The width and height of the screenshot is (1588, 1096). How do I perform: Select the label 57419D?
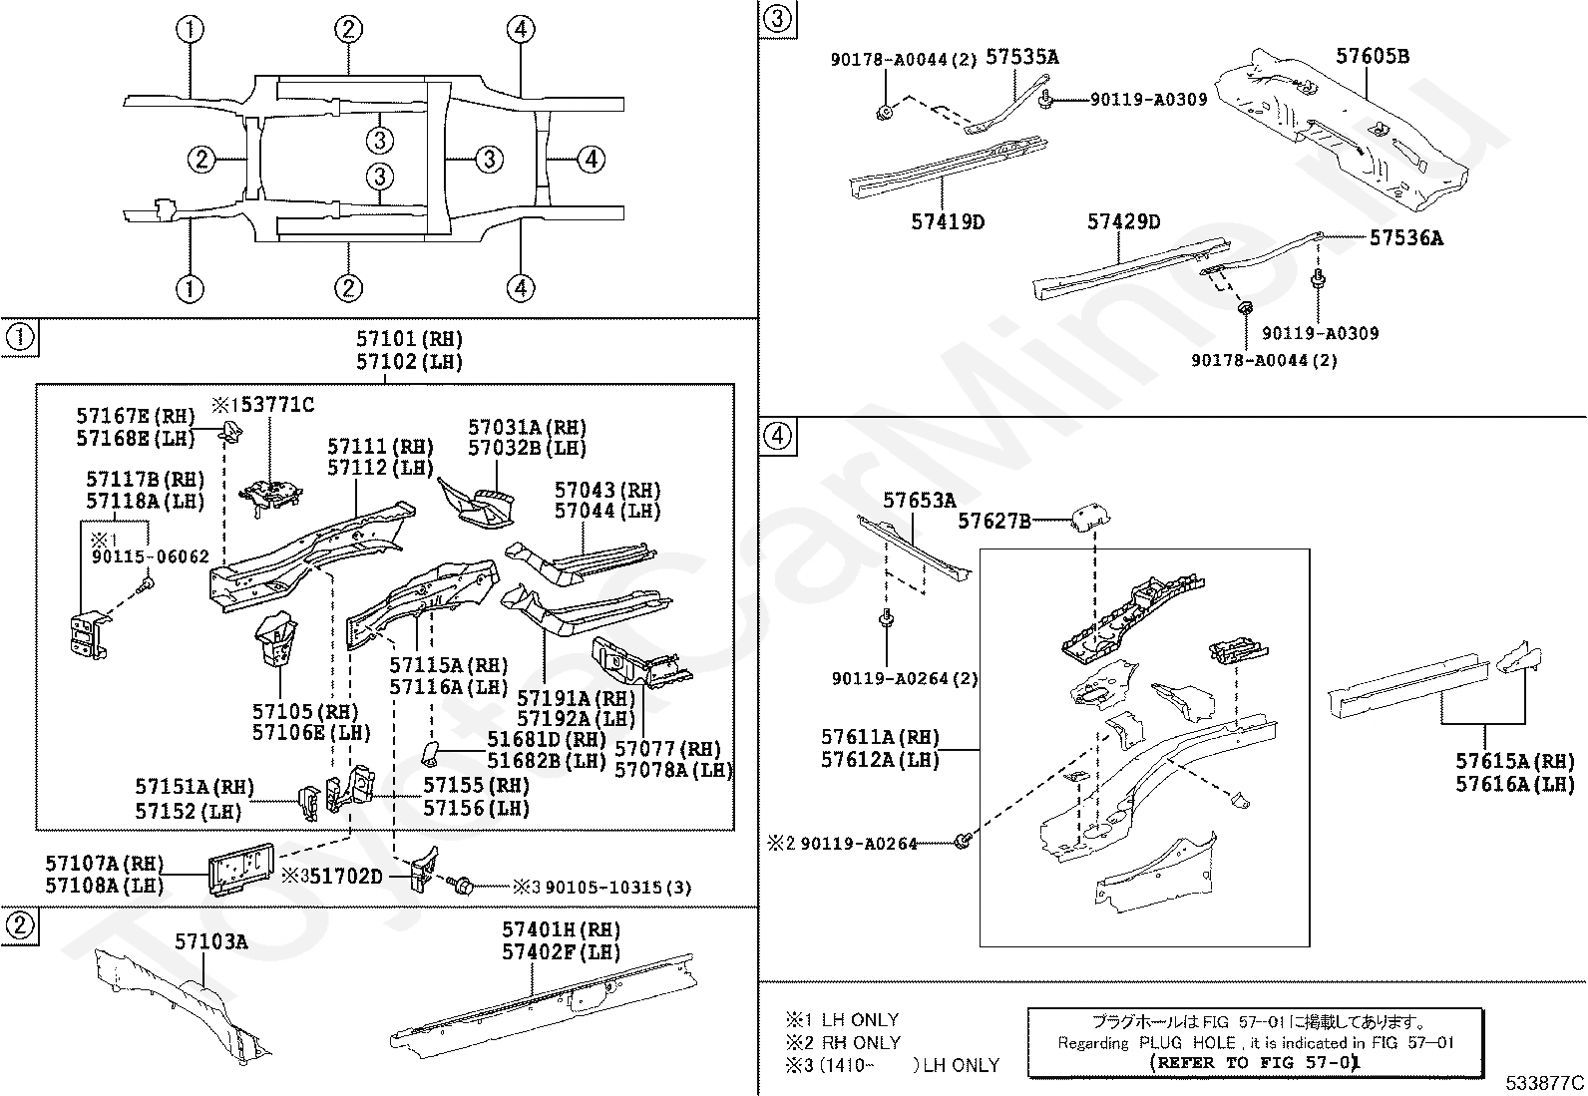(x=947, y=221)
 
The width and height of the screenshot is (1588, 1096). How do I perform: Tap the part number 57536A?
(x=1405, y=238)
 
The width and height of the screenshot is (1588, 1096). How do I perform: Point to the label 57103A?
(x=211, y=941)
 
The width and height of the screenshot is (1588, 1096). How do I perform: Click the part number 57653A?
(x=919, y=501)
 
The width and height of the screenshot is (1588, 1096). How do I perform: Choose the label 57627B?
(x=993, y=521)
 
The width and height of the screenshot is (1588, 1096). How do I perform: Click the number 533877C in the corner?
(x=1545, y=1082)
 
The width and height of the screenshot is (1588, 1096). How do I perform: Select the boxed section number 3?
(x=777, y=17)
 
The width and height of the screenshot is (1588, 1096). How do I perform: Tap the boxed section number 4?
(x=777, y=436)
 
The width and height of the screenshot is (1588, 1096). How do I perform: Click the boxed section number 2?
(x=19, y=926)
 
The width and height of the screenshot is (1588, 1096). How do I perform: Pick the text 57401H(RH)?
(x=561, y=930)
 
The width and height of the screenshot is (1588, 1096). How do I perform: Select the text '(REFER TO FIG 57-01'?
(x=1256, y=1063)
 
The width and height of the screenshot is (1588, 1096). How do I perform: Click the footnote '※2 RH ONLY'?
(x=843, y=1042)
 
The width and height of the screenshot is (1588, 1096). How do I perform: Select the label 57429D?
(x=1123, y=222)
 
